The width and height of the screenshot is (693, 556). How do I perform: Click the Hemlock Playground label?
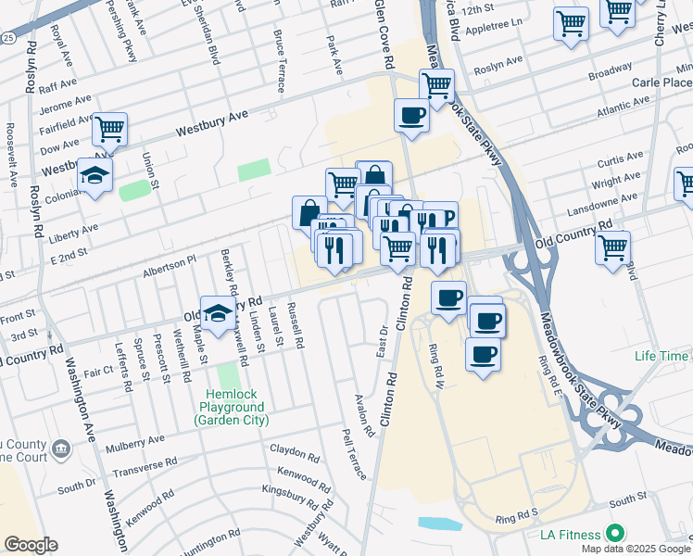231,413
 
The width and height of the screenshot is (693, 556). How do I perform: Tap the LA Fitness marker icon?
613,533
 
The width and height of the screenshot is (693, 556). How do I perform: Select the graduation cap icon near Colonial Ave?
94,174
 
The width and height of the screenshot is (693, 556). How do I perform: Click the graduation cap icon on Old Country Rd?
217,313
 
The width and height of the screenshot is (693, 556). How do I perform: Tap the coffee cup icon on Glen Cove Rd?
410,115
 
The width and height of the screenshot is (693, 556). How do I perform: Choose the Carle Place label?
662,82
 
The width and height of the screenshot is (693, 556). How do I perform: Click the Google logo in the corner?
31,545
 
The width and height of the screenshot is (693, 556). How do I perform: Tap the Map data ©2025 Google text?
636,549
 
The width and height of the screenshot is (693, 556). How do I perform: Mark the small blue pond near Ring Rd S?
440,524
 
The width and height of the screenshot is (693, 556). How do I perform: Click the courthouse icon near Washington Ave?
61,449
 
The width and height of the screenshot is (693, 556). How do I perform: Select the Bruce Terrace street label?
278,60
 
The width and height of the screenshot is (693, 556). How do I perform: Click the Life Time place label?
661,356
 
